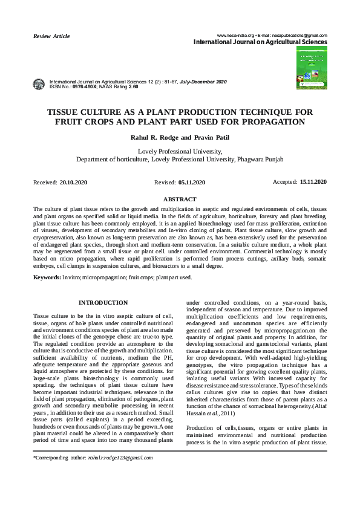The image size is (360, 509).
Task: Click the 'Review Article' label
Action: pos(51,36)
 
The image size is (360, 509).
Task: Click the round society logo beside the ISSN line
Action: pos(39,84)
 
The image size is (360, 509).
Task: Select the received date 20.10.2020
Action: pos(74,182)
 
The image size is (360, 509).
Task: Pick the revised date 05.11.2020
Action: pos(192,182)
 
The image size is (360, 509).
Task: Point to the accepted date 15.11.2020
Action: pos(313,181)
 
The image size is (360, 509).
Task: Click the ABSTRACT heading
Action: pos(180,199)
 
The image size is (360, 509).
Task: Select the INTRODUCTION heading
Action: pos(103,302)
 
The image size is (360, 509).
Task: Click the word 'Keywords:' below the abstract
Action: pos(47,277)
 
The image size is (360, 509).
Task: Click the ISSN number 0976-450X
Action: pos(84,87)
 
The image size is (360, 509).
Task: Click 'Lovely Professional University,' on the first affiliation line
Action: pos(180,151)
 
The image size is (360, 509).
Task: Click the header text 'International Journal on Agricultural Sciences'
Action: pos(260,42)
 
